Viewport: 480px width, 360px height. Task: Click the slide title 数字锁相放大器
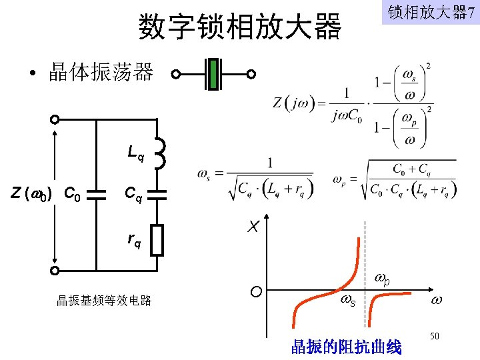(x=239, y=27)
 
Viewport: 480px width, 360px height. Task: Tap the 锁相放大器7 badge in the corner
(x=431, y=13)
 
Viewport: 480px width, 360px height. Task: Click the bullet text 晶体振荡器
(x=101, y=72)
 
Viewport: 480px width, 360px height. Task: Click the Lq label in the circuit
(x=136, y=155)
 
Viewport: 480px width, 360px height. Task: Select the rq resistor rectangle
(x=157, y=241)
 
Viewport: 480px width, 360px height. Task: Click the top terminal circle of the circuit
(x=55, y=119)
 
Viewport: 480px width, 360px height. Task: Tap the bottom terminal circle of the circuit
(x=55, y=271)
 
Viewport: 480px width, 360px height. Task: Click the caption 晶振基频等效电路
(x=104, y=301)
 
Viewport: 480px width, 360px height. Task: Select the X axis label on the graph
(x=253, y=227)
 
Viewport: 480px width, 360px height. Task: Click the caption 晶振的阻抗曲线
(x=346, y=347)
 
